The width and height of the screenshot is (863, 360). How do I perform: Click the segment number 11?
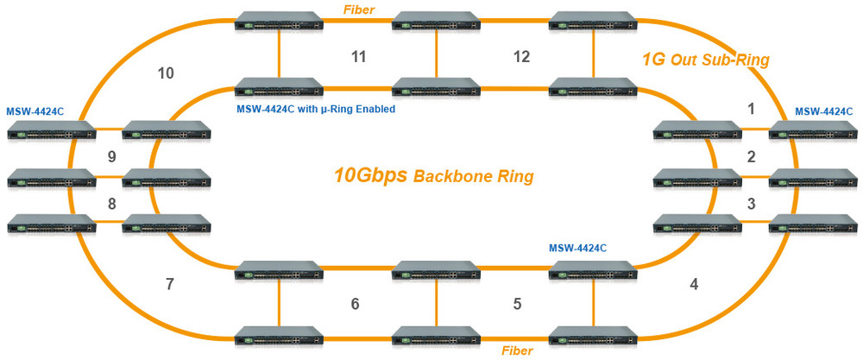358,57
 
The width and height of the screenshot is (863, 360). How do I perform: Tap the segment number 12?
520,57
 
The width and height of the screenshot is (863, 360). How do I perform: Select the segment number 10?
166,73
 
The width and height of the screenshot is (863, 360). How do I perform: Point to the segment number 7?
170,284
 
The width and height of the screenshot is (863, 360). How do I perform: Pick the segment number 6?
355,304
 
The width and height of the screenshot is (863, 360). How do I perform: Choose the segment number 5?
517,304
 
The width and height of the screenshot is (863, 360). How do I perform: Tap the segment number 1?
751,109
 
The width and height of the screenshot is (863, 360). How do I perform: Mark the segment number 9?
110,156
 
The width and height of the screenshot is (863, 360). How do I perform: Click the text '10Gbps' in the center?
370,175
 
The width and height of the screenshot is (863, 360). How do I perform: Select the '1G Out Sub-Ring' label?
705,60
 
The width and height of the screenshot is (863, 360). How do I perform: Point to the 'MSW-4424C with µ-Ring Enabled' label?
316,110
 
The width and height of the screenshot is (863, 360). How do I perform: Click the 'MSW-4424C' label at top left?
35,112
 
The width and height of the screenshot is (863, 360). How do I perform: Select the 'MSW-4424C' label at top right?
823,111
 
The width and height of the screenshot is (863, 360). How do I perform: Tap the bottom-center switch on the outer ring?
435,336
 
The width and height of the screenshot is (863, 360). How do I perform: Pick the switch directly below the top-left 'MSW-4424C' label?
50,131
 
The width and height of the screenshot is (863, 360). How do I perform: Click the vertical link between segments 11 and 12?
435,57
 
